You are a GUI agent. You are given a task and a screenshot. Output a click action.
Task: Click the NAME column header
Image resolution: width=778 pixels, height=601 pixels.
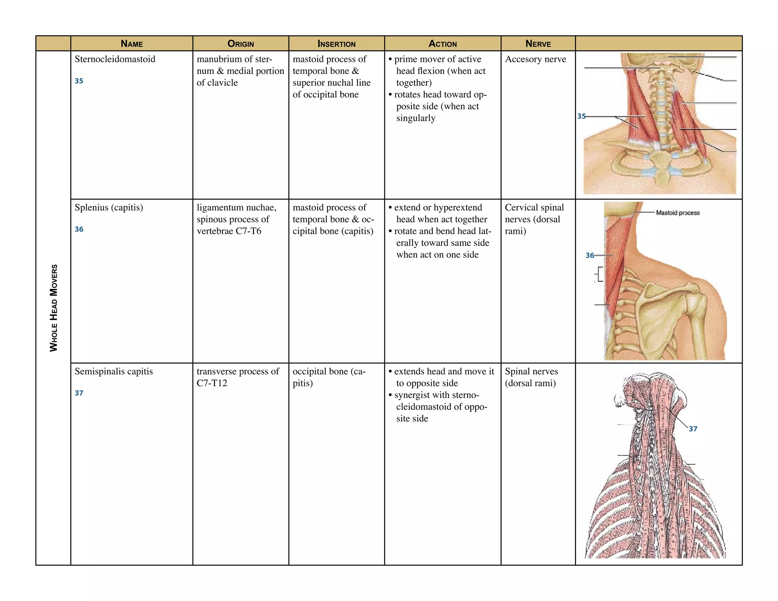point(131,44)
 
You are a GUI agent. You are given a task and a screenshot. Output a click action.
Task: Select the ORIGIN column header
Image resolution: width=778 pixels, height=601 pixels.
point(240,44)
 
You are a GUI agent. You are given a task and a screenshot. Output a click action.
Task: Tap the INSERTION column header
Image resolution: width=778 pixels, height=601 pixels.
point(336,44)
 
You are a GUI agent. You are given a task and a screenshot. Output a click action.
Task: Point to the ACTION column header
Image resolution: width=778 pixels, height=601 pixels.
point(443,44)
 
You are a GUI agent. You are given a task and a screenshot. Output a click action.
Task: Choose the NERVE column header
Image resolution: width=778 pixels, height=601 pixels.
point(538,44)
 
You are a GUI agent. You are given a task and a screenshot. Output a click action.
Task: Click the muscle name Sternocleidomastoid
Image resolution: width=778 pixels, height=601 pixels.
point(115,59)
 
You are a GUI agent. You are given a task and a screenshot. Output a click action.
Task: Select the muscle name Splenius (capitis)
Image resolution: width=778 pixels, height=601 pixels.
point(109,207)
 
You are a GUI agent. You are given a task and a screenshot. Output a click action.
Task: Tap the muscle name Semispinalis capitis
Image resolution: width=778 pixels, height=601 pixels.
point(114,371)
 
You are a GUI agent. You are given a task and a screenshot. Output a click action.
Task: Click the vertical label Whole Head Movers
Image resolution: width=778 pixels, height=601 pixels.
point(54,308)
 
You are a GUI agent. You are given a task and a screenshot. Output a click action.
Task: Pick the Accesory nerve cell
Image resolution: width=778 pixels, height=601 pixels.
point(535,59)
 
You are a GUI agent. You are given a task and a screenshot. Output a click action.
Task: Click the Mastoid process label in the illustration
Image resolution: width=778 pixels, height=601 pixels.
point(677,213)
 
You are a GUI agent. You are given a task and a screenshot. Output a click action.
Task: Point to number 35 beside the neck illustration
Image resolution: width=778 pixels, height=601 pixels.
point(581,116)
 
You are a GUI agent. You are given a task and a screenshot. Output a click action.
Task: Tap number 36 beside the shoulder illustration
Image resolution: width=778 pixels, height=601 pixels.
point(590,255)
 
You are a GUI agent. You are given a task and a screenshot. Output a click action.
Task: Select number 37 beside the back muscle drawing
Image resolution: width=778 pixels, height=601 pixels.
point(693,429)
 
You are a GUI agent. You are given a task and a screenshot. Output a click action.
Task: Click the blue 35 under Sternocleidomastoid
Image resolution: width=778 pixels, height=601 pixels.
point(79,81)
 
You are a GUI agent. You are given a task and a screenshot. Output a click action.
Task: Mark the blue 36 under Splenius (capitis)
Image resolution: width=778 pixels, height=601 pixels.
point(79,229)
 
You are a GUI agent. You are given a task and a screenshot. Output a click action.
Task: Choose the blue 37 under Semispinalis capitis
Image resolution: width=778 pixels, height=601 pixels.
point(79,393)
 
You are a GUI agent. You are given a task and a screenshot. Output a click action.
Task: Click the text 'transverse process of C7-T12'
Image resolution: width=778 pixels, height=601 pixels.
point(238,377)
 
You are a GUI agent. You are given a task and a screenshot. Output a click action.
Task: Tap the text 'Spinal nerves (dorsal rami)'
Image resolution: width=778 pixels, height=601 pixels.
point(531,377)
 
